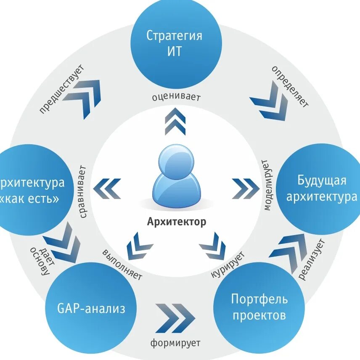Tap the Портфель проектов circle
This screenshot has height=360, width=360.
point(259,307)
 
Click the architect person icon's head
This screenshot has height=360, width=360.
point(176,160)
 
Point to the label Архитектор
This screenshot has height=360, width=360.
point(177,222)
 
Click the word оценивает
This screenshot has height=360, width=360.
point(176,97)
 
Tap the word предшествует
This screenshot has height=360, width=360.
point(61,89)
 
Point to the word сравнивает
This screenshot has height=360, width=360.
point(82,192)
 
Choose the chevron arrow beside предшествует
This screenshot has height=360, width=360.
point(87,97)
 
